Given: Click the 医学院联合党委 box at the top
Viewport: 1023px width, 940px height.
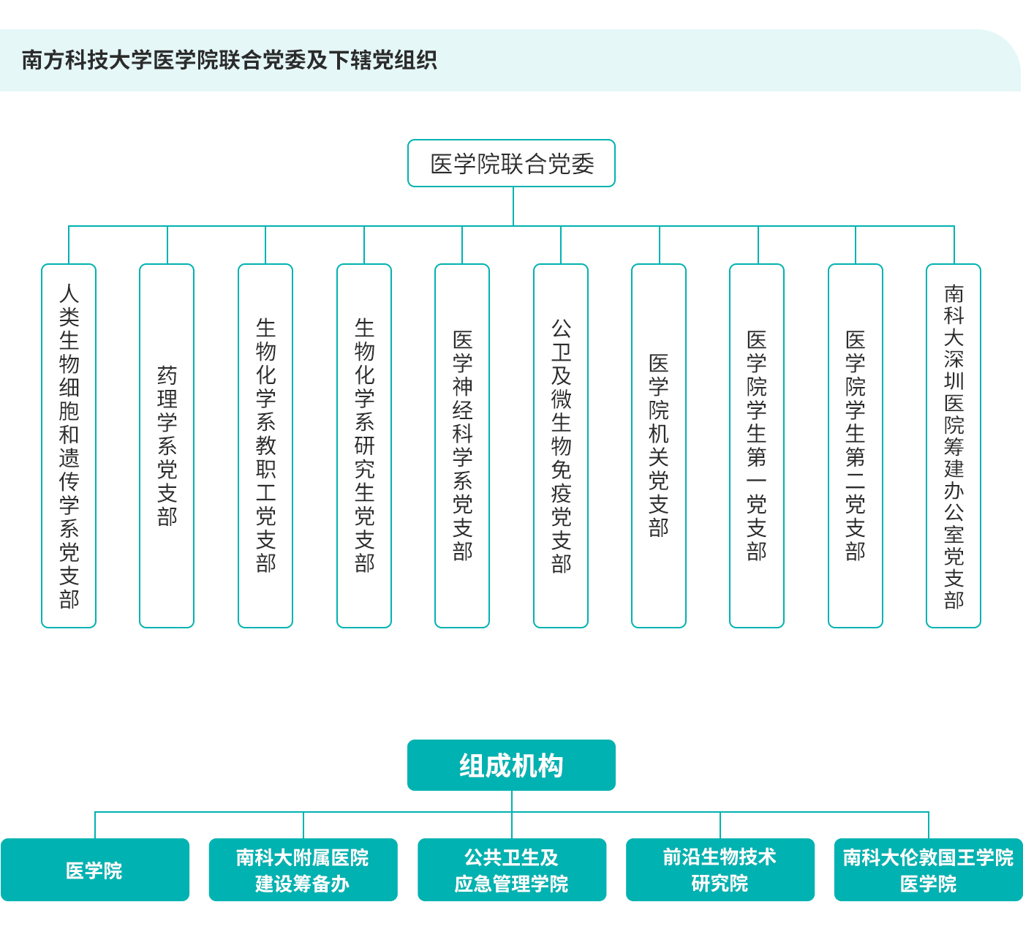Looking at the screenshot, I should pos(511,163).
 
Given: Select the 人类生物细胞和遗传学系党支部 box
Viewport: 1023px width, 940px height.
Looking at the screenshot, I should pos(69,445).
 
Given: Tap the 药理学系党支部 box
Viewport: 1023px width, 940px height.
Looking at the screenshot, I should pos(167,445).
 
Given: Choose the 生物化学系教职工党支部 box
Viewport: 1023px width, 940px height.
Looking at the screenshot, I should pos(265,445).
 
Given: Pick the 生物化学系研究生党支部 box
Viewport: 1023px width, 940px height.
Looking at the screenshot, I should pos(364,445).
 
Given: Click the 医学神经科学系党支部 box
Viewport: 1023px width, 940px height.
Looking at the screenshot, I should pos(462,445).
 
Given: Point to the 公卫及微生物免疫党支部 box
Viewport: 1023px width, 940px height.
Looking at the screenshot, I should pos(561,445).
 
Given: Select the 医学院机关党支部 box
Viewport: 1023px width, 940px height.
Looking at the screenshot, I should pos(659,445).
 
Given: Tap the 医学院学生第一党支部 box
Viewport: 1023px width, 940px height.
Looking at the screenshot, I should pos(757,445).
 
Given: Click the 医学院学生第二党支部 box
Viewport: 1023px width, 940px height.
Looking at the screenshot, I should pos(856,445).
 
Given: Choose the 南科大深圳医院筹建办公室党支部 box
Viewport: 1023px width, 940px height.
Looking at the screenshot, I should pos(954,445).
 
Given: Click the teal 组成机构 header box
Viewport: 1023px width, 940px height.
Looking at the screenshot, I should pos(511,765).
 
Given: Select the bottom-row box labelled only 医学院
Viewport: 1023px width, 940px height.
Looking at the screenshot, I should pos(95,870).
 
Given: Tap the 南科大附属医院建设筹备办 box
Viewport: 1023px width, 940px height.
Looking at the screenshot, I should pos(303,870).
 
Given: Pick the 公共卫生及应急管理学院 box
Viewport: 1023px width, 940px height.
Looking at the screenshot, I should pos(512,870).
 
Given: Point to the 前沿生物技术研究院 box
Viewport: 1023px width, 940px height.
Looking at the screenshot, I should pos(720,870).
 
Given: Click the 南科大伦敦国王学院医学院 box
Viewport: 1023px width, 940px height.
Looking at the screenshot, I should pos(929,870).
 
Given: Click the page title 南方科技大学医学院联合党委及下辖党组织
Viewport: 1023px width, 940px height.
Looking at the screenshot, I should pos(230,60).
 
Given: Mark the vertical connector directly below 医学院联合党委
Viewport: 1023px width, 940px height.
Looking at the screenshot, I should pos(513,206).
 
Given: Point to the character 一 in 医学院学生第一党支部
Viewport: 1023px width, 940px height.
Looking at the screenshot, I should pos(757,481).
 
